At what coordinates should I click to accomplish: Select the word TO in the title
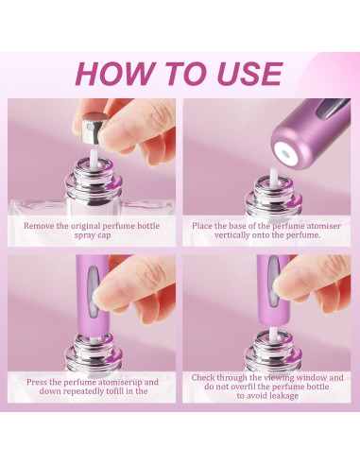180,73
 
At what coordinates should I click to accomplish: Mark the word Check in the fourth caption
205,377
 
